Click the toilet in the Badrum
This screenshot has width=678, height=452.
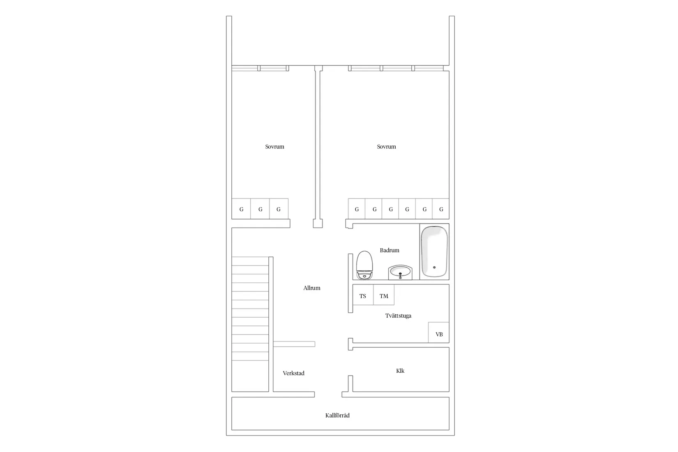tap(364, 265)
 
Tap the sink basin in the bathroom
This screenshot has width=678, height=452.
tap(400, 272)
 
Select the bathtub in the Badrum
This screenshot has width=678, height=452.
tap(434, 251)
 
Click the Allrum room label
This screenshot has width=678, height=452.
tap(311, 288)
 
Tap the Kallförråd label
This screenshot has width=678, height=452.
tap(337, 415)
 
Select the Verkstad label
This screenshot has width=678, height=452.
tap(293, 374)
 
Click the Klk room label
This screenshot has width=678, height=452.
tap(400, 371)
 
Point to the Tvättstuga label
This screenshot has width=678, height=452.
tap(398, 316)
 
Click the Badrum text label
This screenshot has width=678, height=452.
tap(389, 250)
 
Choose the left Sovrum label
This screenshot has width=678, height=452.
tap(274, 147)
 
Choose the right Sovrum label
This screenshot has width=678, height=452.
tap(386, 147)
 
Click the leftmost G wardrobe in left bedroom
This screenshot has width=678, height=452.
tap(241, 209)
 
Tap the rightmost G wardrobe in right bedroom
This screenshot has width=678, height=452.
tap(441, 209)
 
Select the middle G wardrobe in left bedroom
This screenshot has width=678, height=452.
tap(260, 209)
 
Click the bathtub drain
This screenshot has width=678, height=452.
tap(434, 268)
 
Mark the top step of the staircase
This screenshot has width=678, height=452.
tap(250, 261)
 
